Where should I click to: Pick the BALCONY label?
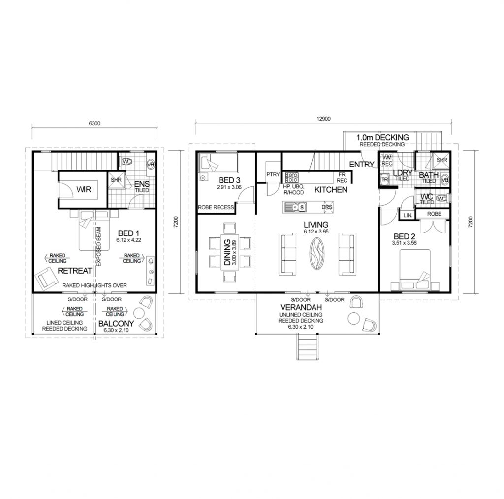114,324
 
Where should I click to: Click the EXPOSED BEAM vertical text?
98,247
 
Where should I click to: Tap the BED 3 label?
219,180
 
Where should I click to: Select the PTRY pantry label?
272,174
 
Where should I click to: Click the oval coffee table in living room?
317,254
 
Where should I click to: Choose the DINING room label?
227,251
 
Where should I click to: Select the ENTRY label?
361,165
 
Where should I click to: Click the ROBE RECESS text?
216,208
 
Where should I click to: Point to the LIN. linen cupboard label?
407,215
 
